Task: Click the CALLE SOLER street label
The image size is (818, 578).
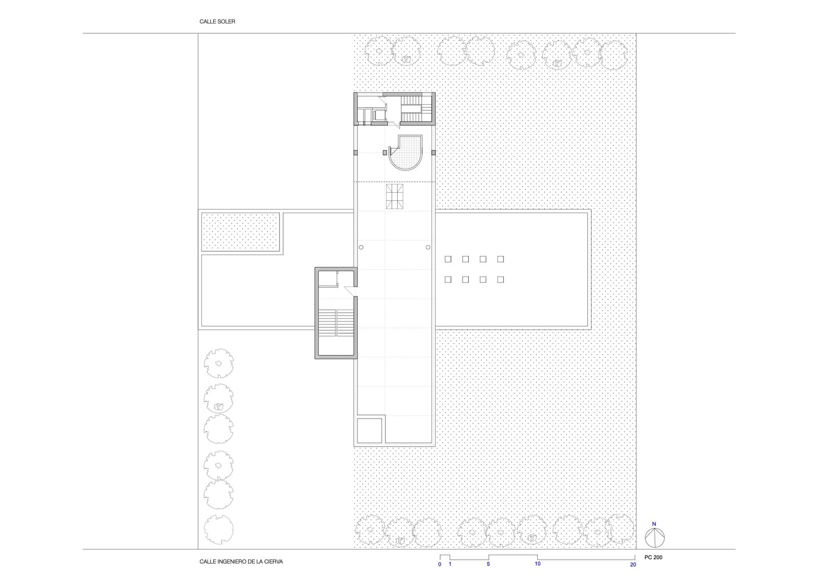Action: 217,21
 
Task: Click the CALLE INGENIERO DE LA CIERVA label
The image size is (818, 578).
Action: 241,562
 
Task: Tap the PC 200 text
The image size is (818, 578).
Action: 653,557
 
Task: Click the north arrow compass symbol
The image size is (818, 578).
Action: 654,538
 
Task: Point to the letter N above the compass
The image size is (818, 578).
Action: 654,524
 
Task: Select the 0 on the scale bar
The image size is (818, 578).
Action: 440,564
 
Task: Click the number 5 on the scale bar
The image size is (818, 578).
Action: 488,564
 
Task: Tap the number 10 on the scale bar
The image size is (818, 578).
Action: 537,563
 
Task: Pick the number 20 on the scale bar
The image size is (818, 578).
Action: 633,565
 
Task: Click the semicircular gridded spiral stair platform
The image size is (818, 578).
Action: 406,153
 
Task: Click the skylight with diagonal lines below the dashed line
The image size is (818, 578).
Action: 395,196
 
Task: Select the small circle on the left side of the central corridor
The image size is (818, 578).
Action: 361,247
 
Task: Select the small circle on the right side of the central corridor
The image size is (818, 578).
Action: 428,247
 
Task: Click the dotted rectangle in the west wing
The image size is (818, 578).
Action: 241,232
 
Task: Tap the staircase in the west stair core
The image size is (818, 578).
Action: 336,323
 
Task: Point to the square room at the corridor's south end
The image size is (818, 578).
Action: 370,430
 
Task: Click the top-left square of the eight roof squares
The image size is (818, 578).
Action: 448,259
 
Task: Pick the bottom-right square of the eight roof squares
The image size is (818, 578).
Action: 501,280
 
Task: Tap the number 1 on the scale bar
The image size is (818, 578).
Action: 450,564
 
